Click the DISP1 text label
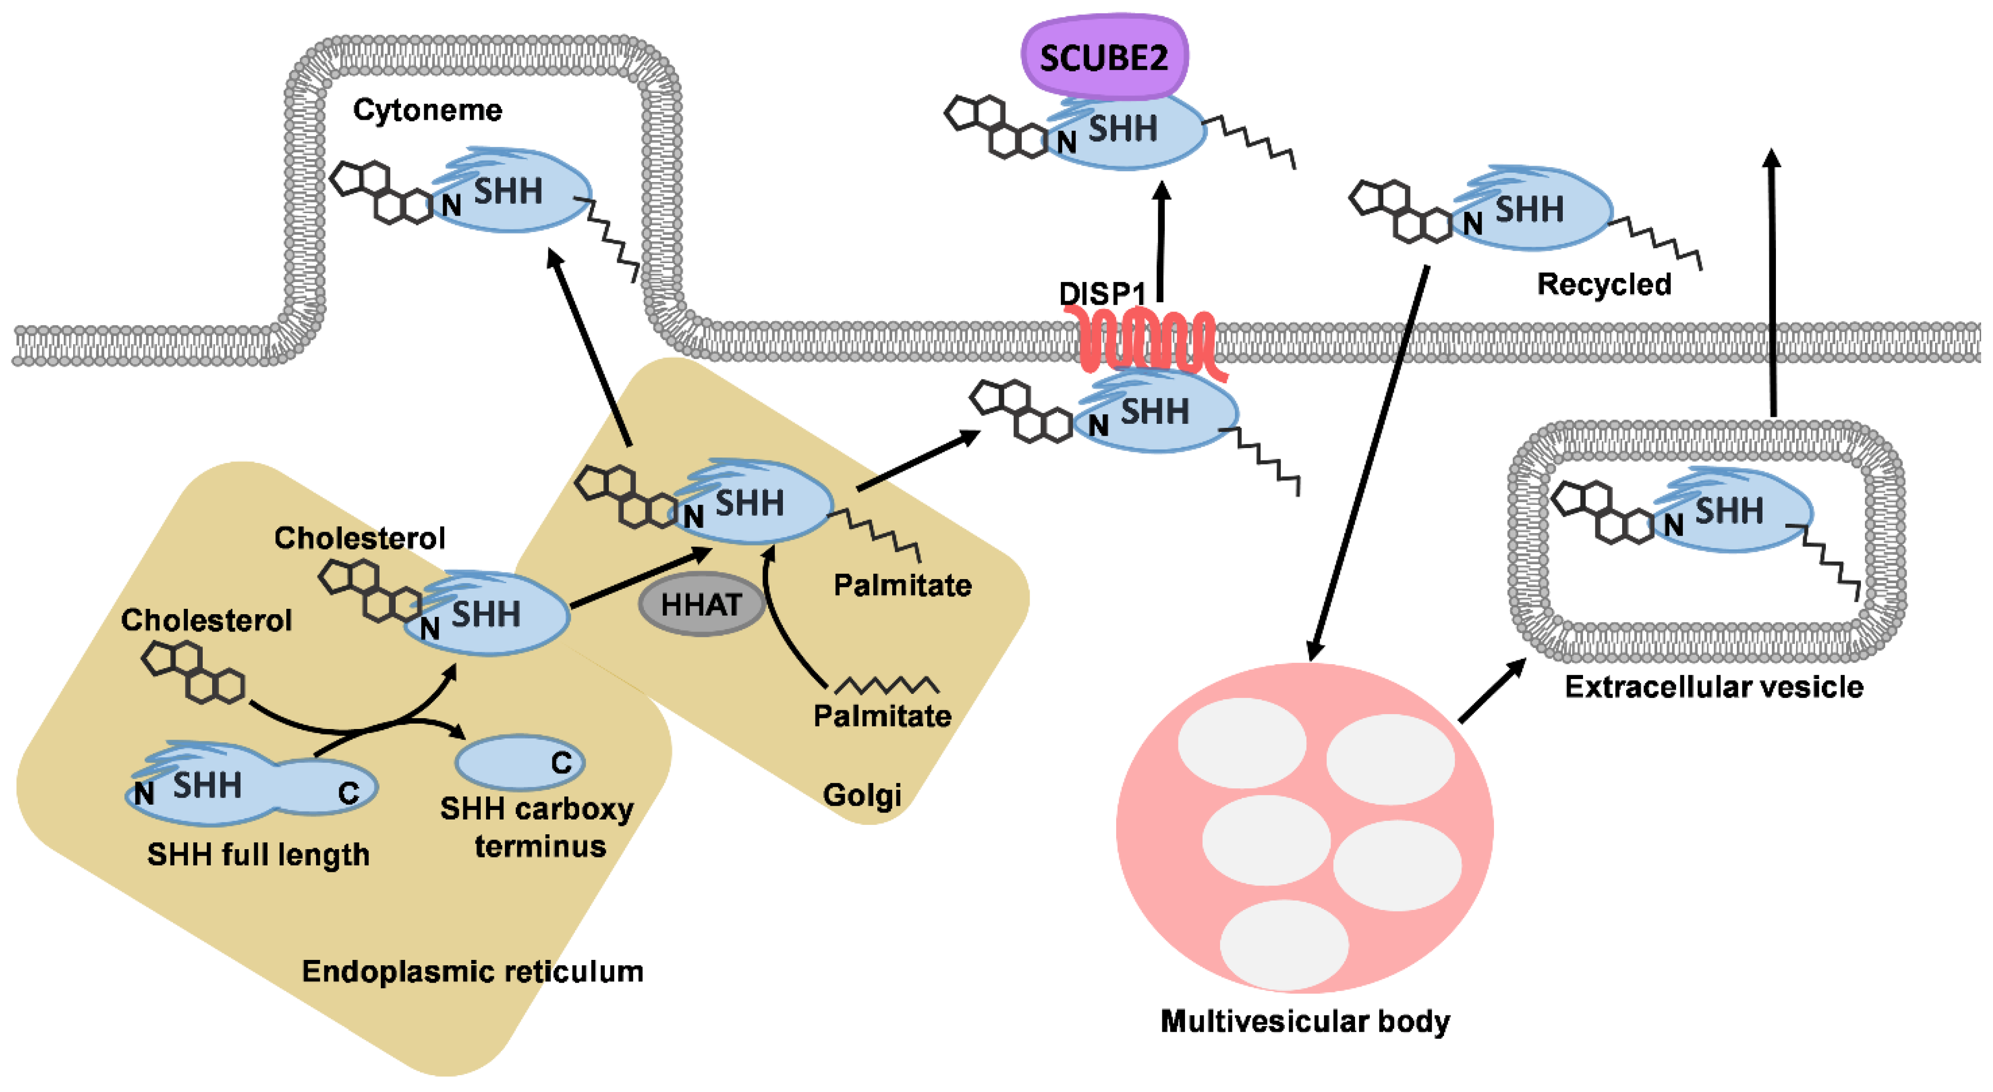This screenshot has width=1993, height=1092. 1102,294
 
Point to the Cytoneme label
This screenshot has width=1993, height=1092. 427,110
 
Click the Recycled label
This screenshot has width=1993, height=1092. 1604,284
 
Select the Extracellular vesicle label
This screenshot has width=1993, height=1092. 1714,686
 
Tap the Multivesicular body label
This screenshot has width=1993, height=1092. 1305,1022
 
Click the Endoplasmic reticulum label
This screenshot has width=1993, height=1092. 473,971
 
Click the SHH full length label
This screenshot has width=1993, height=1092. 259,855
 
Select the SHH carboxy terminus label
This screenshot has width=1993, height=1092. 538,827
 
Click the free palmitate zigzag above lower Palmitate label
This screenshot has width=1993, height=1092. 887,685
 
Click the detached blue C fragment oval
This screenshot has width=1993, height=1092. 520,762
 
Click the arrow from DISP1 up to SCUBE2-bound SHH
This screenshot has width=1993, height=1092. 1161,241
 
